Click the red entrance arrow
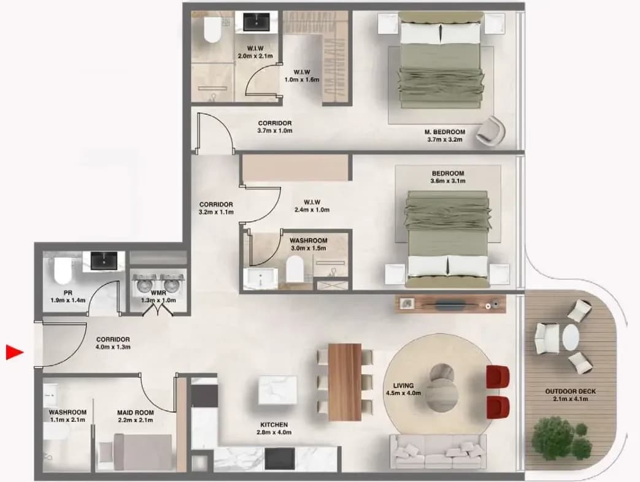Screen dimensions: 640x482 pos(15,353)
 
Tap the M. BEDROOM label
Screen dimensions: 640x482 pos(445,132)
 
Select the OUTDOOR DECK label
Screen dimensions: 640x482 pos(570,391)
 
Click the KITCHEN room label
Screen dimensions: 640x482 pos(274,424)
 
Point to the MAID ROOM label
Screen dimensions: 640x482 pos(135,412)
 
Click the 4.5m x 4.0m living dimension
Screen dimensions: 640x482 pos(403,393)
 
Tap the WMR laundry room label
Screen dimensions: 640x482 pos(158,293)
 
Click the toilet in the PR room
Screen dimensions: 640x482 pos(63,270)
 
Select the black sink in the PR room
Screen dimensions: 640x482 pos(104,261)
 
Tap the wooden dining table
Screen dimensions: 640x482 pos(344,381)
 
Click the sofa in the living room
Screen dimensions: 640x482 pos(438,451)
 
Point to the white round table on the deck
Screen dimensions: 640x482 pos(570,338)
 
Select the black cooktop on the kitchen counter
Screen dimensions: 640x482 pos(280,458)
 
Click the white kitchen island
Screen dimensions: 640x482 pos(277,390)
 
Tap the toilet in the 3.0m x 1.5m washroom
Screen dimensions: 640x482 pos(295,269)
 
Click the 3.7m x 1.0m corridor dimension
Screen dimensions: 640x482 pos(275,131)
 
